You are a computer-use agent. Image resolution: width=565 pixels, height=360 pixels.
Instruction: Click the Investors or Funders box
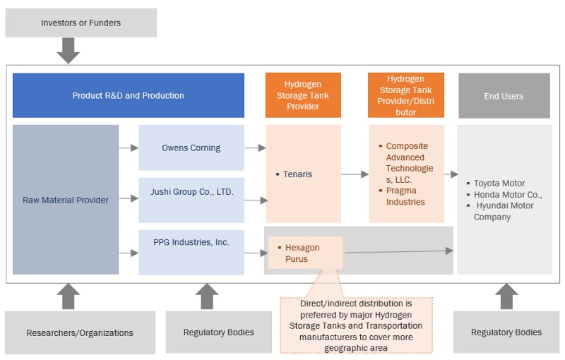(x=81, y=23)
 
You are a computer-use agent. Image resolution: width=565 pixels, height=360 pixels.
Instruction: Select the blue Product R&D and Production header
(x=129, y=95)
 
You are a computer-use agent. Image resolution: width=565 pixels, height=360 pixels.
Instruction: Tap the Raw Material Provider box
(x=66, y=200)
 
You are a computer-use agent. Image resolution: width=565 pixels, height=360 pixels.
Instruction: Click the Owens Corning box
(x=191, y=148)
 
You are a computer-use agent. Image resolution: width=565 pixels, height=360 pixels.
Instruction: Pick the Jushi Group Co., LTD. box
(x=191, y=191)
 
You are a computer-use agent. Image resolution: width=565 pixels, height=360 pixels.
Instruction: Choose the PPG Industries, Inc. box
(x=191, y=242)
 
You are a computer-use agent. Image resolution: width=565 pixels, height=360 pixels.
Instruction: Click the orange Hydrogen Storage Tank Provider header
(x=303, y=95)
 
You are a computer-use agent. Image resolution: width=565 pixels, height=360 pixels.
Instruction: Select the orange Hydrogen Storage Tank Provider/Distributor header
(x=406, y=95)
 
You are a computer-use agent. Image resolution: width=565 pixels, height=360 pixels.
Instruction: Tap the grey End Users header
(x=504, y=96)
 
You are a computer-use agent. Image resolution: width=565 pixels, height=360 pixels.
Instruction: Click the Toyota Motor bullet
(x=499, y=184)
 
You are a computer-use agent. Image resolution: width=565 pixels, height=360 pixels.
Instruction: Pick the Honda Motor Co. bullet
(x=507, y=195)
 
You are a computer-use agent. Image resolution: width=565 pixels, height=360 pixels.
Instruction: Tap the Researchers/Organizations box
(x=80, y=332)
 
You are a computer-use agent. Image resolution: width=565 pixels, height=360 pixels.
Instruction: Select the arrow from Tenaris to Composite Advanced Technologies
(x=355, y=174)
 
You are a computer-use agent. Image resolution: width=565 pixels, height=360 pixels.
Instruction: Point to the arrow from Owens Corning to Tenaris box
(x=255, y=148)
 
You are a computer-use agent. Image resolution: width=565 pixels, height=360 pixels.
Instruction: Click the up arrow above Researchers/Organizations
(x=69, y=296)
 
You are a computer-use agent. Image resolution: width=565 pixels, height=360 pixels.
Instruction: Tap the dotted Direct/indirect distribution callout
(x=356, y=325)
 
